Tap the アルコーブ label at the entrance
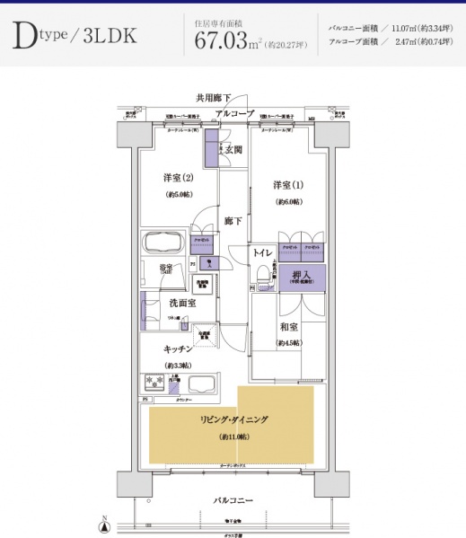pos(234,112)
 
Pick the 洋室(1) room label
pos(288,185)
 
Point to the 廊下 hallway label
pos(233,220)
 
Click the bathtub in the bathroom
pos(163,244)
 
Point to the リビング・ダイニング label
pos(233,419)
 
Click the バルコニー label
pos(233,499)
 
